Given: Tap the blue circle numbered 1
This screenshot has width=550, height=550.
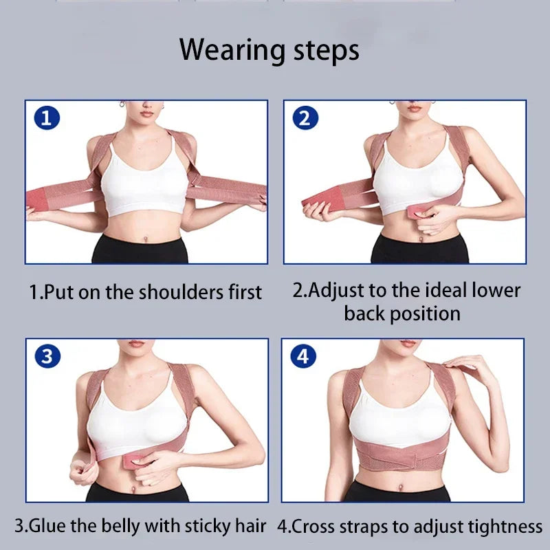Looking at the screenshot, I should click(x=46, y=118).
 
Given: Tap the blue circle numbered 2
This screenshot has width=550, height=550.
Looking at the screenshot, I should click(x=305, y=118).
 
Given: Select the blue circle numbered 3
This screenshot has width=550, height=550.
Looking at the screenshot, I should click(x=47, y=355).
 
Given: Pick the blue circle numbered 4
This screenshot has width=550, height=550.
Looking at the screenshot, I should click(x=304, y=355).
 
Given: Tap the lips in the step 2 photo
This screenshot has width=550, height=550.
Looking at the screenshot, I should click(x=414, y=108).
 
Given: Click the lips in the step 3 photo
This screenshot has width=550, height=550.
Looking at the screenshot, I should click(x=137, y=344).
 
